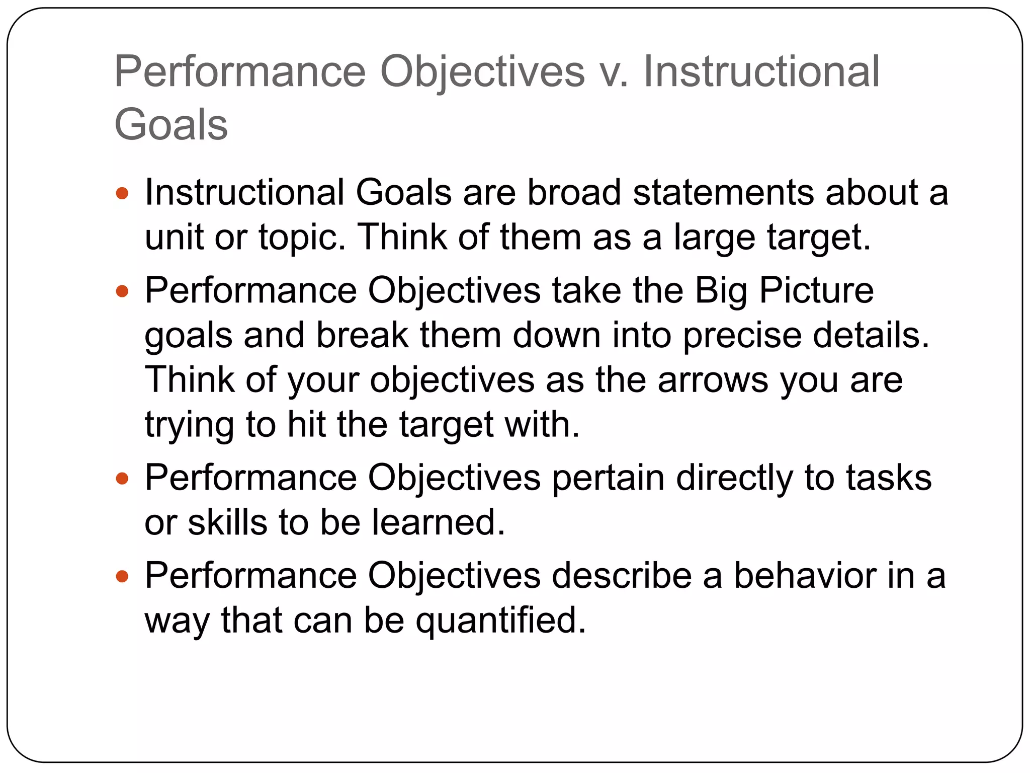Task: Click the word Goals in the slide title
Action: (171, 125)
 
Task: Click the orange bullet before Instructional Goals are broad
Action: (122, 193)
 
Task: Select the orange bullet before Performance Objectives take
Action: (122, 291)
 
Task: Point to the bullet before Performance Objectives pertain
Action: (122, 478)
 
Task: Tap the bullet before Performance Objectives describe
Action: (122, 576)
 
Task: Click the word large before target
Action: (714, 238)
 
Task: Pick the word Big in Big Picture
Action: (721, 291)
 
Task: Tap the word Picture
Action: (817, 291)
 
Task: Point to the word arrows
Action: (713, 380)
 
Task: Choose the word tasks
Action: (889, 478)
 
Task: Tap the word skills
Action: (227, 522)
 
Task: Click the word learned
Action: (438, 522)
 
